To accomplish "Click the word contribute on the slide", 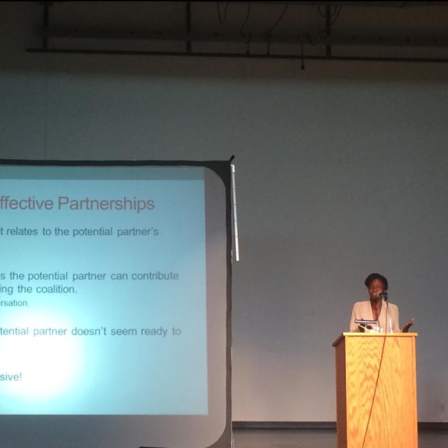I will [154, 276].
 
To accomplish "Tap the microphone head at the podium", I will [383, 296].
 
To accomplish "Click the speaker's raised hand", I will [407, 323].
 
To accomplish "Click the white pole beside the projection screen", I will [235, 214].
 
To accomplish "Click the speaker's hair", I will [375, 278].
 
